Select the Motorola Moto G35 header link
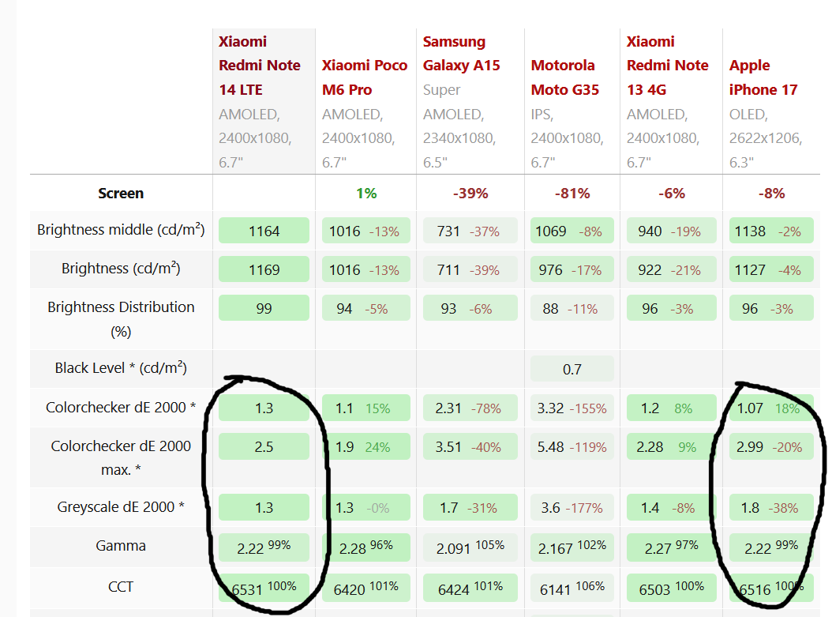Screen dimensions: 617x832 coord(564,77)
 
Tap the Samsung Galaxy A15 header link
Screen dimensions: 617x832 coord(461,54)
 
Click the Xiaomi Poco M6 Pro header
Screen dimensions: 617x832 coord(365,77)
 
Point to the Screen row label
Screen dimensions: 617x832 coord(121,194)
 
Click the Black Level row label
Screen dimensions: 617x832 coord(121,368)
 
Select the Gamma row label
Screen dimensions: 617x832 coord(121,546)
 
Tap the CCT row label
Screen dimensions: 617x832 coord(121,587)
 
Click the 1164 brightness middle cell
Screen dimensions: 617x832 coord(264,231)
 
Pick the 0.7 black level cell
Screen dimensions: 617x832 coord(572,369)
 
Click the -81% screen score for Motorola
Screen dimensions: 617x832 coord(572,194)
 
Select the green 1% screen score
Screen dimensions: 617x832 coord(366,194)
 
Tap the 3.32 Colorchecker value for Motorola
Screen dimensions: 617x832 coord(550,408)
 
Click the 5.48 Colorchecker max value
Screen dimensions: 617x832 coord(550,447)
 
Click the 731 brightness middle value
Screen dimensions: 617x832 coord(448,231)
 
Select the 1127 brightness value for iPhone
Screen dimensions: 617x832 coord(750,270)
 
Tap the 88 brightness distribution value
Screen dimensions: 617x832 coord(551,309)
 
